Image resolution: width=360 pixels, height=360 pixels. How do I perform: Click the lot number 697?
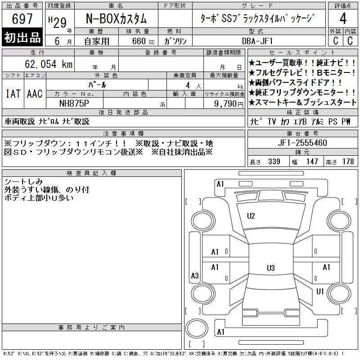22,18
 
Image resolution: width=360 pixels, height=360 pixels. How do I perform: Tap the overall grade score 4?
343,18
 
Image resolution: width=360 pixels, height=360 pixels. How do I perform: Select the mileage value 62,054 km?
49,64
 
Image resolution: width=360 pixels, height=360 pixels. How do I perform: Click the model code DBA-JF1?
257,41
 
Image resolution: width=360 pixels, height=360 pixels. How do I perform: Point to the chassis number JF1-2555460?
302,143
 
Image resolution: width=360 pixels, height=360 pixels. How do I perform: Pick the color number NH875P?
74,103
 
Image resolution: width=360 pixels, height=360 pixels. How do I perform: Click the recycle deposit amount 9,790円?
229,104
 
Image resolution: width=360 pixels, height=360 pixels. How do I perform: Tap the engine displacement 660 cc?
144,41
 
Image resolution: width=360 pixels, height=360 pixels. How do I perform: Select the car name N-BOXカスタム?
116,18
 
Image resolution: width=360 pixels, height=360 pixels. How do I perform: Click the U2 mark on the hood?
251,216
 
